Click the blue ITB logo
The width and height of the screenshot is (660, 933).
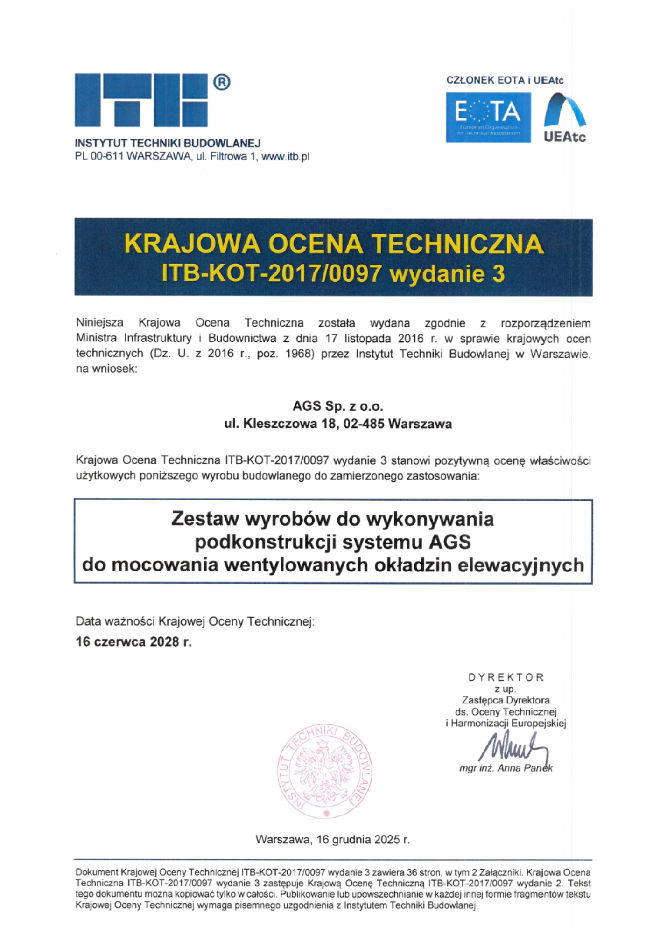pos(141,100)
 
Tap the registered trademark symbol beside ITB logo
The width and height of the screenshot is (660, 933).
pos(222,83)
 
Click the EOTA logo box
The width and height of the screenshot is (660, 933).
pos(488,117)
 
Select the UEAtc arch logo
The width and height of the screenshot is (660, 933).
pos(564,117)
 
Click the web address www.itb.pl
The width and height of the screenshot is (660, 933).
pos(285,157)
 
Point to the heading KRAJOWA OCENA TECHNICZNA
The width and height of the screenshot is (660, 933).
pos(333,244)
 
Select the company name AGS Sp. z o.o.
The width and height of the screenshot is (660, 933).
pos(337,406)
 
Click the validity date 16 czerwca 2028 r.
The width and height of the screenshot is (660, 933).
pos(133,642)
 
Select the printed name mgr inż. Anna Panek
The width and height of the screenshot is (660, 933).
pos(506,768)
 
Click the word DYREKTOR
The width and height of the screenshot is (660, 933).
pos(506,677)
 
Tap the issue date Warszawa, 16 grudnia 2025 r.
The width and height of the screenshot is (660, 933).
pos(332,840)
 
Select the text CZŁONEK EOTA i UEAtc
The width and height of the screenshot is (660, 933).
pos(505,80)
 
